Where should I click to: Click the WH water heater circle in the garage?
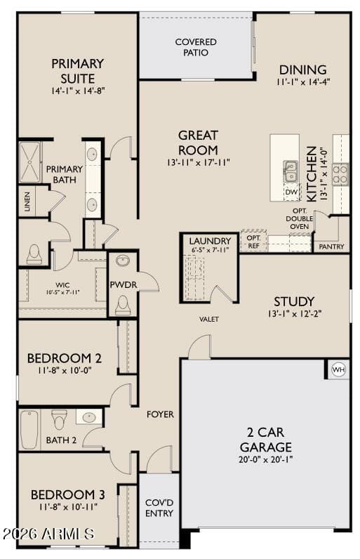click(338, 369)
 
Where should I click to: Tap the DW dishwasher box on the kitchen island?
click(291, 192)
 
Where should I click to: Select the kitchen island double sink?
click(291, 171)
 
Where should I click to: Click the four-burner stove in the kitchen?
click(340, 174)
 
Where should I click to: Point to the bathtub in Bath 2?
click(29, 430)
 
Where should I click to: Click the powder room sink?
click(123, 261)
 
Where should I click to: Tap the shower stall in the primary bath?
click(30, 162)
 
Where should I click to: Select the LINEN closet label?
click(27, 202)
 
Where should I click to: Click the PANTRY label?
click(331, 246)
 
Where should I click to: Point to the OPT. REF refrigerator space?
click(253, 242)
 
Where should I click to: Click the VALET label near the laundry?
click(209, 319)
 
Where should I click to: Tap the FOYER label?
click(160, 414)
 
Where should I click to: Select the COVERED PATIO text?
click(196, 47)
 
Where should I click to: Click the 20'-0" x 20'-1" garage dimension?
click(265, 459)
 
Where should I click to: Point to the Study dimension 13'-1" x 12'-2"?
click(295, 314)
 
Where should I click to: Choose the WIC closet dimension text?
click(62, 292)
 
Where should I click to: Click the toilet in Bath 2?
click(59, 419)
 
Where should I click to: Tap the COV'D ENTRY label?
click(159, 508)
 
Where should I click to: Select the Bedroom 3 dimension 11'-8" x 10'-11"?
click(67, 506)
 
